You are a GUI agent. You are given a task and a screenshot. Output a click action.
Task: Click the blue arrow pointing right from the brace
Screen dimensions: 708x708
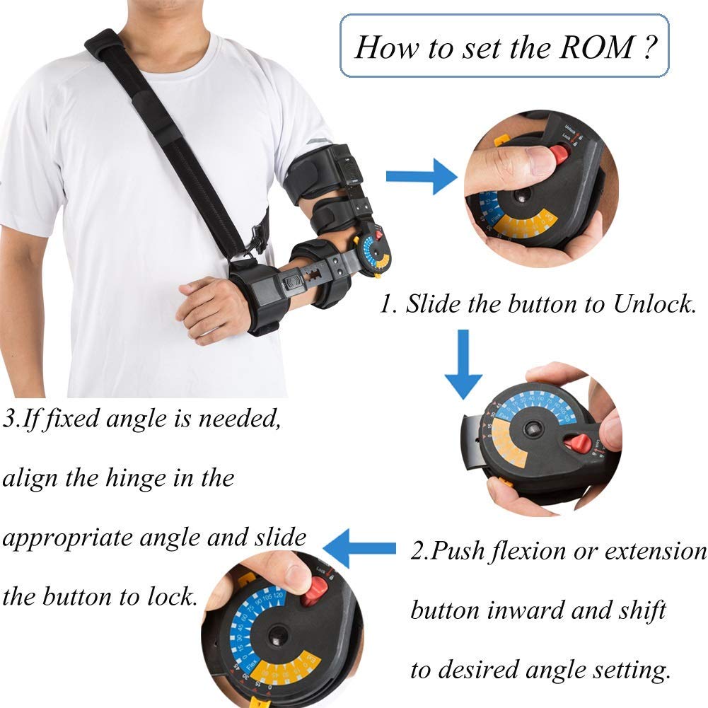point(422,176)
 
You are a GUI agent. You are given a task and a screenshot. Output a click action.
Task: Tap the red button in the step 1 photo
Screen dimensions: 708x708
point(561,153)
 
